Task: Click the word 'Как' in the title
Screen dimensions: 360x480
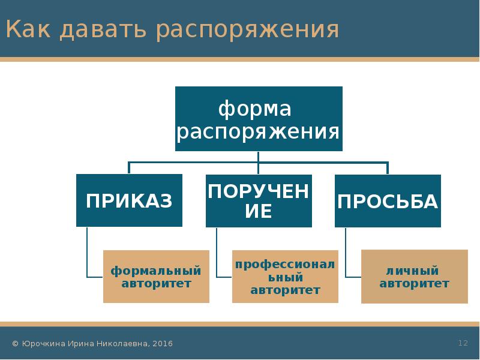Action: click(x=26, y=29)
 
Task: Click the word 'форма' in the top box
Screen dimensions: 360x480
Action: click(x=254, y=109)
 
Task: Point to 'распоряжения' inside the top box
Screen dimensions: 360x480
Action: click(x=259, y=131)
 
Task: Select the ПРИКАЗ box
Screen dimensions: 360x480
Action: click(x=129, y=200)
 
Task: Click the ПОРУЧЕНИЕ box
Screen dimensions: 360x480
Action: click(x=259, y=200)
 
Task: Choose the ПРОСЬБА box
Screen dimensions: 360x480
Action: click(x=388, y=200)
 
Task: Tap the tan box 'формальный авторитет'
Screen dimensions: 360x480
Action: click(x=156, y=277)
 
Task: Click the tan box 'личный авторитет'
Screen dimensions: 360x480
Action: click(x=414, y=277)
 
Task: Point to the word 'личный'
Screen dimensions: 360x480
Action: click(x=414, y=271)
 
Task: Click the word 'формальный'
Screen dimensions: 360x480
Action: click(x=156, y=271)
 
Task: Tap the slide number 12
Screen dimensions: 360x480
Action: click(x=463, y=343)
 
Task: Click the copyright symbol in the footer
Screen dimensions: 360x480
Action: click(x=15, y=344)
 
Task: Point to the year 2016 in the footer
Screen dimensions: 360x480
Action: click(x=163, y=344)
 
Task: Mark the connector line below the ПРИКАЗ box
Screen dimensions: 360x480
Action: click(x=87, y=252)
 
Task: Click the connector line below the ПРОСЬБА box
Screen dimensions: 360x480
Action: click(x=346, y=252)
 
